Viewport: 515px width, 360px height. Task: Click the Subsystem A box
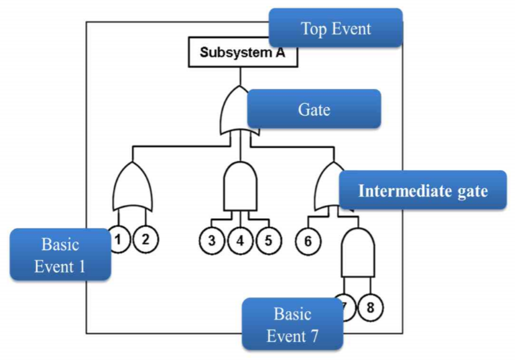(x=243, y=52)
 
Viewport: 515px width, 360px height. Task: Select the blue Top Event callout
(x=335, y=28)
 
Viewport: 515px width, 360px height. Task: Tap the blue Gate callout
(x=313, y=109)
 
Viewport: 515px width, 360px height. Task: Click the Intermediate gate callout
(x=422, y=190)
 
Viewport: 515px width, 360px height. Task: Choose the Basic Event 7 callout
(x=292, y=325)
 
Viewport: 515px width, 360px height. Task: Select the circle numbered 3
(x=212, y=241)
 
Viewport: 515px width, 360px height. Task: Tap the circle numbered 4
(x=239, y=241)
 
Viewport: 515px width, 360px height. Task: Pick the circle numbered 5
(x=267, y=241)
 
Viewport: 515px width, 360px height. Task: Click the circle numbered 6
(x=308, y=241)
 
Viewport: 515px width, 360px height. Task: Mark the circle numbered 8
(x=371, y=307)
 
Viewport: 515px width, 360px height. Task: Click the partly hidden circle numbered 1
(x=118, y=239)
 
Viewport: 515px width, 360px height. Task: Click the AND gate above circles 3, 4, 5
(x=239, y=187)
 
